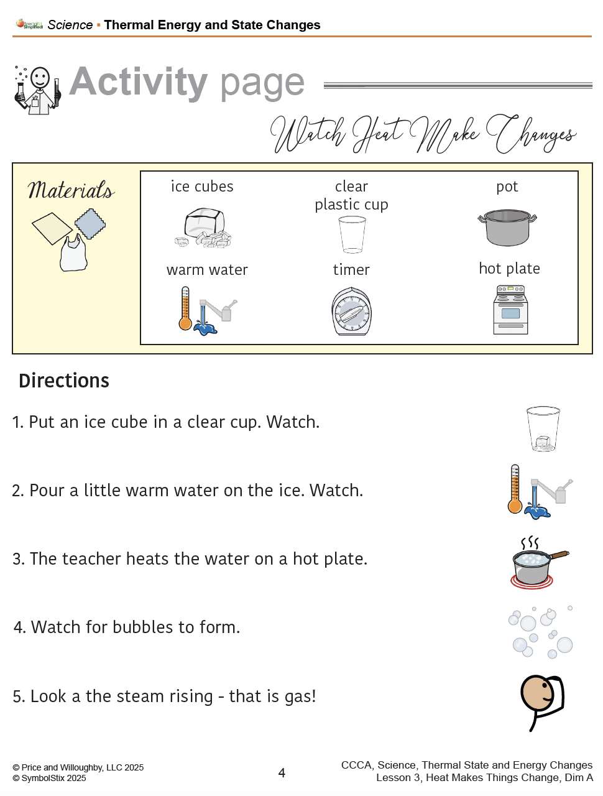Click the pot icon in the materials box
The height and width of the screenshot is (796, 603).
coord(507,227)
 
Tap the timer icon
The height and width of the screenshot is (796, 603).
coord(351,311)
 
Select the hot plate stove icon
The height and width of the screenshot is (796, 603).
coord(510,309)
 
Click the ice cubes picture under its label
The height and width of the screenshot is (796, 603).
coord(203,228)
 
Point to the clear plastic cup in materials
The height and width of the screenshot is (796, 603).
coord(351,234)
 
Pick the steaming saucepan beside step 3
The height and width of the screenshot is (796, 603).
coord(539,562)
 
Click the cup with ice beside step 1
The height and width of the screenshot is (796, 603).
coord(543,428)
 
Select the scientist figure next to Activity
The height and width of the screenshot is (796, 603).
coord(37,90)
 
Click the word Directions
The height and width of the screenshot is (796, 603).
coord(64,381)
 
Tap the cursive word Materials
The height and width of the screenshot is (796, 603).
coord(71,190)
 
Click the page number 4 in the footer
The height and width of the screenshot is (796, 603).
coord(282,772)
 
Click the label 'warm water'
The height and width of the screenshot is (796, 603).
coord(207,270)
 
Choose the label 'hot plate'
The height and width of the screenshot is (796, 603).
coord(509,269)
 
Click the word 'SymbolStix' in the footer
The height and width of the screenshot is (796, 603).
coord(43,777)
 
